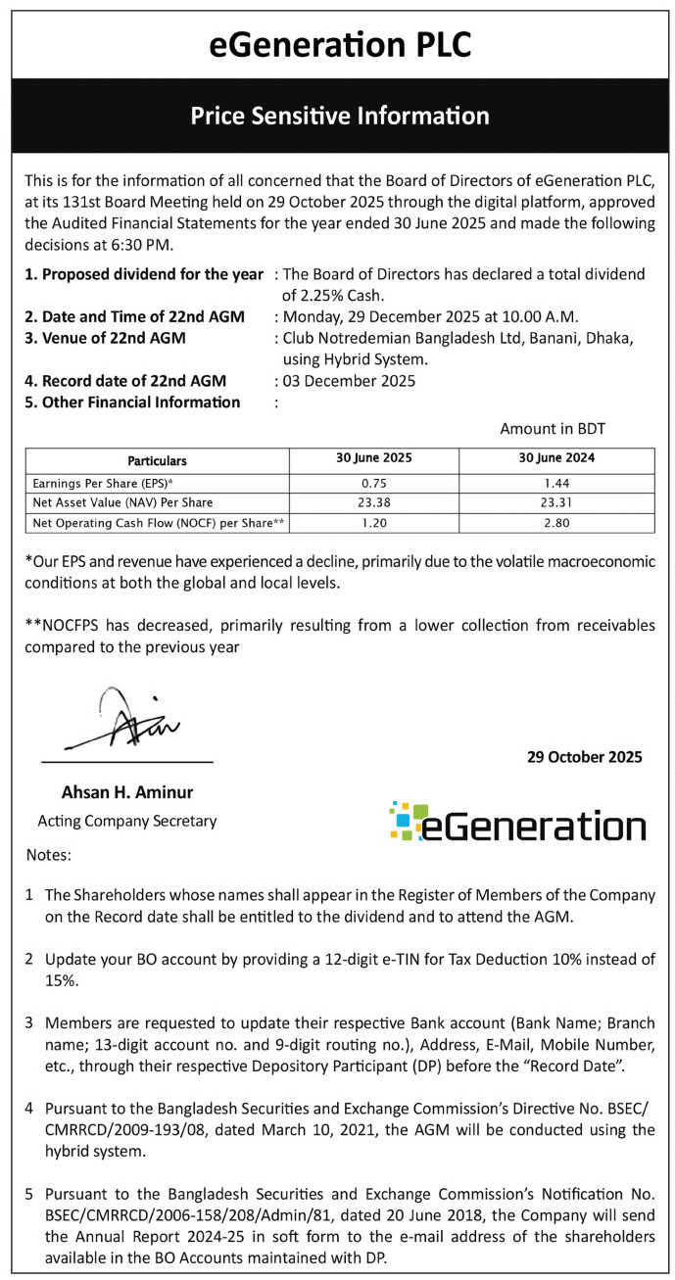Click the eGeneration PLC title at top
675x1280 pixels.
click(340, 44)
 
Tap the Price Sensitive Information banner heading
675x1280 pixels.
click(340, 116)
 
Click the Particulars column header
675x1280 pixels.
click(157, 460)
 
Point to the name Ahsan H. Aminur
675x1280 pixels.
click(126, 792)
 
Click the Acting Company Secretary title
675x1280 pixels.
click(126, 821)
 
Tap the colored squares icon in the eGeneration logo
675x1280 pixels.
click(408, 821)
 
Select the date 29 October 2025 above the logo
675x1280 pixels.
click(584, 757)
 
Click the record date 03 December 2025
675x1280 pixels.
click(349, 381)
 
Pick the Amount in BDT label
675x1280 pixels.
click(553, 429)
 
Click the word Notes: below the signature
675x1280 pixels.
click(49, 855)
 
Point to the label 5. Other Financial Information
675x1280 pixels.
click(132, 402)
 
